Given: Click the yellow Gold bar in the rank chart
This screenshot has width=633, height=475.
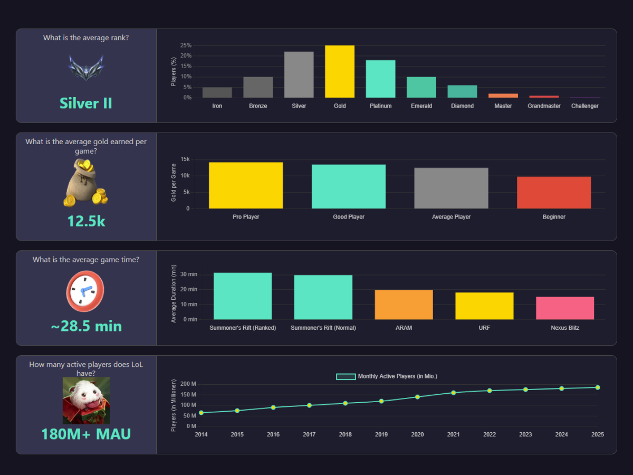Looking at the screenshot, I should click(340, 72).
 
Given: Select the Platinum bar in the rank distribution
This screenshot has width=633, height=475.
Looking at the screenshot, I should click(380, 79).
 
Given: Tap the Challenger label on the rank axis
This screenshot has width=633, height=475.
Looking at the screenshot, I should click(584, 106).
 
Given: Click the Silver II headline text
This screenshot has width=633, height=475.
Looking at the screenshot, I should click(86, 103).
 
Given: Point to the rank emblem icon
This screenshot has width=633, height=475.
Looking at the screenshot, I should click(86, 68).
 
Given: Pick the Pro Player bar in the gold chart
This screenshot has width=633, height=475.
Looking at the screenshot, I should click(246, 185).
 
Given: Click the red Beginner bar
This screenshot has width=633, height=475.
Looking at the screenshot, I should click(554, 193).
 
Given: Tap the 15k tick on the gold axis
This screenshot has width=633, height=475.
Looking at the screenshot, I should click(184, 159).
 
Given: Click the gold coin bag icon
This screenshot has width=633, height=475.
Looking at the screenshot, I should click(85, 183).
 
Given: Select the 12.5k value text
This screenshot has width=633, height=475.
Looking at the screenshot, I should click(86, 221).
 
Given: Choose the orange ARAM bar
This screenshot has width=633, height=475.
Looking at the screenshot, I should click(404, 305).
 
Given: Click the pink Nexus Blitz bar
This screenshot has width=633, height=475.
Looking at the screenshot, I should click(565, 308).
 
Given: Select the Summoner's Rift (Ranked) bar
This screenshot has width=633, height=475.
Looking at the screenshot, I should click(243, 296).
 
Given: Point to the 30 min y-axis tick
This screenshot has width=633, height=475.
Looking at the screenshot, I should click(188, 274).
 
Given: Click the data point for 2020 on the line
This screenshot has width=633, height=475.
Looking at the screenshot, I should click(417, 397).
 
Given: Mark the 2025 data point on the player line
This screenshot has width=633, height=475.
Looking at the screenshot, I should click(598, 387).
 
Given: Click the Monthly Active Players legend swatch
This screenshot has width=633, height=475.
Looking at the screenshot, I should click(346, 376).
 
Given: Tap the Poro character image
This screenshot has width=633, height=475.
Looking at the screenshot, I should click(86, 401).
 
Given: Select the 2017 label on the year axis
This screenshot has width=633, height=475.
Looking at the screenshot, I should click(309, 434).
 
